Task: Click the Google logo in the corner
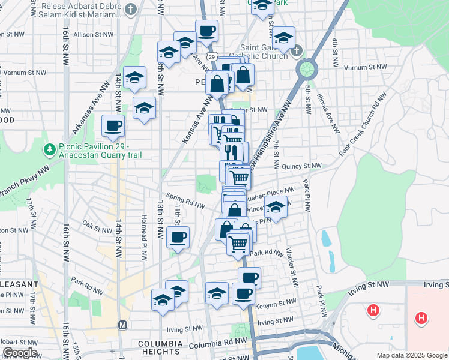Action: point(20,353)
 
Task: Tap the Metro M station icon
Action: point(123,325)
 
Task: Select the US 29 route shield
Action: point(212,56)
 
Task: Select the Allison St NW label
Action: point(92,35)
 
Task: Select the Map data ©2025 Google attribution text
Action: point(411,355)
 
